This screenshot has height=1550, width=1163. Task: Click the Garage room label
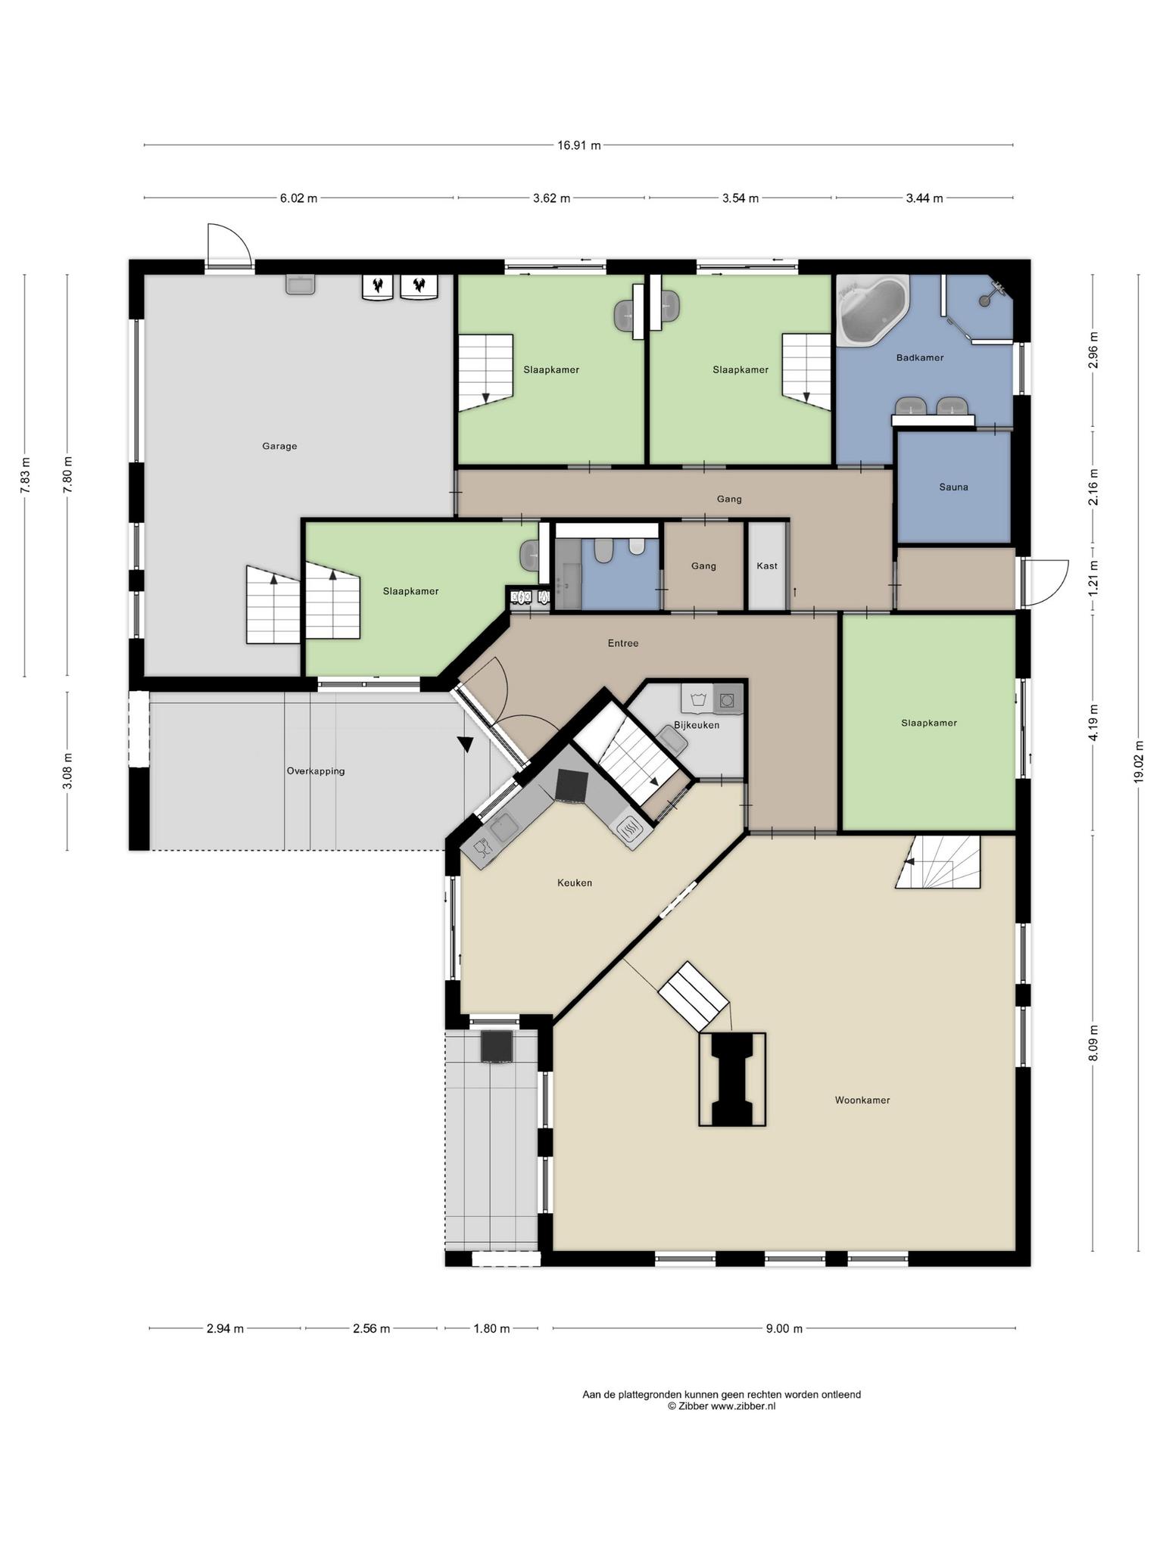[x=279, y=447]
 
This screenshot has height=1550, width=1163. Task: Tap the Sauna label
[x=953, y=487]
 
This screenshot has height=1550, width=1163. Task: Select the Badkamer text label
[x=920, y=358]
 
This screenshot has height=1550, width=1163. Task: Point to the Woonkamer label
[x=862, y=1100]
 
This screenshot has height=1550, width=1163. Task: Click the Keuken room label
[x=575, y=882]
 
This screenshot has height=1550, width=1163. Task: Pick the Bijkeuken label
[x=697, y=725]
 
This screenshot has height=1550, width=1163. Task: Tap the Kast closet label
[x=767, y=566]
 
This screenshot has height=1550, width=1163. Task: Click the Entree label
[x=623, y=643]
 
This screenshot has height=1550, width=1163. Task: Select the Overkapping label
[x=316, y=771]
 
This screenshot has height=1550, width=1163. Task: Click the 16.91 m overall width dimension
[x=579, y=145]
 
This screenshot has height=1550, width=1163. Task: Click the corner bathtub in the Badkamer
[x=873, y=309]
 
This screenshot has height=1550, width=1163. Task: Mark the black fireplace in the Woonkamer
[x=731, y=1080]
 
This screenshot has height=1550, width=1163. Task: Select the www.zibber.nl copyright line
[x=722, y=1406]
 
